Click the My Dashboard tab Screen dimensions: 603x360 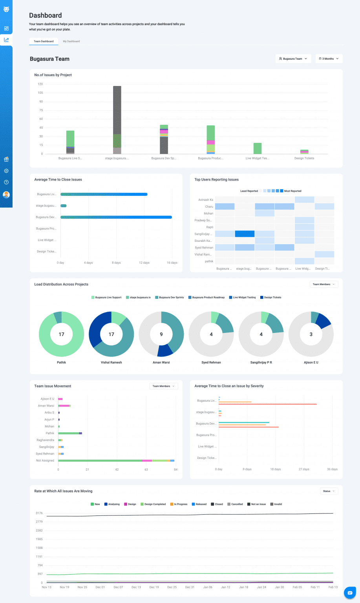pyautogui.click(x=71, y=41)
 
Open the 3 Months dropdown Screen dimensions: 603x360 pyautogui.click(x=329, y=58)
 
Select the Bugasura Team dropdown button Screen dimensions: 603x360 pyautogui.click(x=293, y=58)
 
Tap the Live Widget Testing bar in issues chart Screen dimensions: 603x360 pyautogui.click(x=258, y=148)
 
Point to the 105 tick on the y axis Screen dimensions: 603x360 pyautogui.click(x=40, y=93)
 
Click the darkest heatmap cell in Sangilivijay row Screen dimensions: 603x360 pyautogui.click(x=245, y=234)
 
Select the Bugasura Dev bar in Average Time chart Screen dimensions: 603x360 pyautogui.click(x=116, y=217)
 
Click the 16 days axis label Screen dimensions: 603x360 pyautogui.click(x=172, y=263)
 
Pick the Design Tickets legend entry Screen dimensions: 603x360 pyautogui.click(x=272, y=298)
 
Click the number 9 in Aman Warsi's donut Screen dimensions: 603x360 pyautogui.click(x=161, y=334)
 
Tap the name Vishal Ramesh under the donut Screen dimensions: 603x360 pyautogui.click(x=111, y=362)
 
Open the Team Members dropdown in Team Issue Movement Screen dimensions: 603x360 pyautogui.click(x=163, y=386)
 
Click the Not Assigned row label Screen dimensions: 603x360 pyautogui.click(x=45, y=460)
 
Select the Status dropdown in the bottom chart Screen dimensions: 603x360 pyautogui.click(x=329, y=491)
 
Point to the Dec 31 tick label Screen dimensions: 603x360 pyautogui.click(x=190, y=587)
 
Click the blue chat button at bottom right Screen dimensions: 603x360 pyautogui.click(x=350, y=593)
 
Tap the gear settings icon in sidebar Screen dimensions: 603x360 pyautogui.click(x=6, y=171)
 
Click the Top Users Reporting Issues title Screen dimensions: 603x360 pyautogui.click(x=217, y=180)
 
